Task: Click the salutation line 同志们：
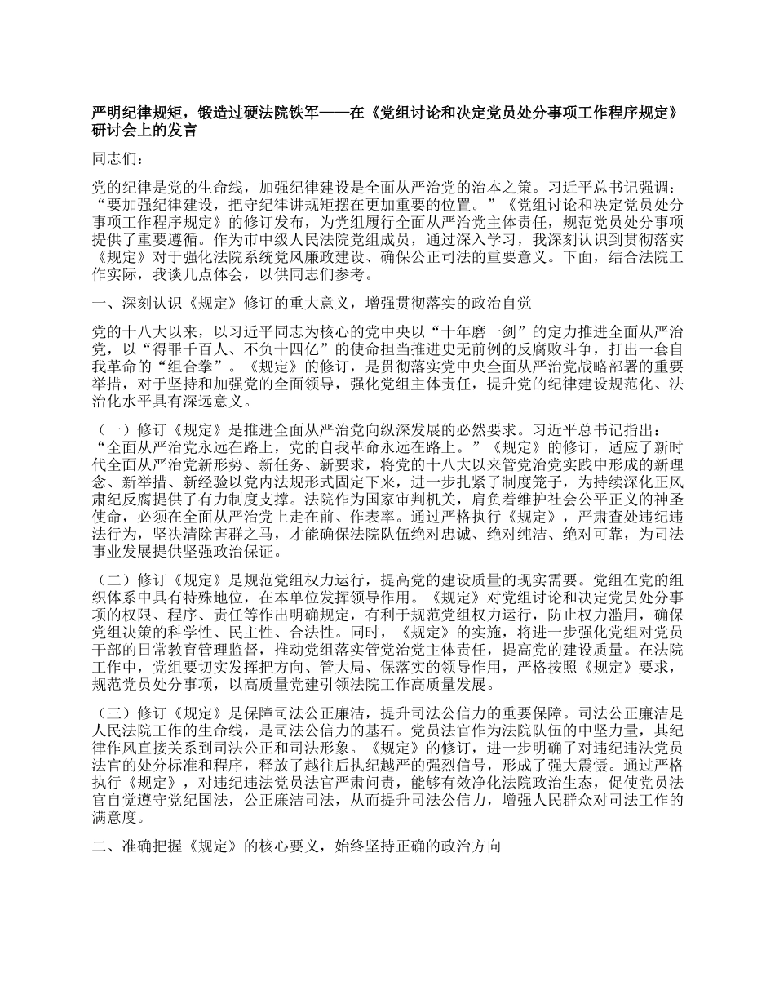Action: [x=118, y=159]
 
